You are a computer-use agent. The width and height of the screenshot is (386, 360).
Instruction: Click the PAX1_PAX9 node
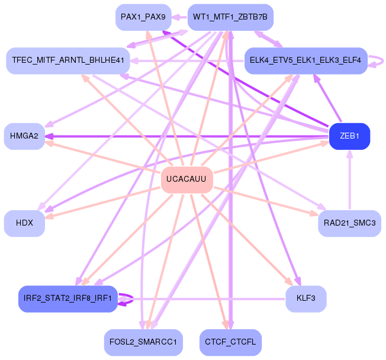[x=143, y=17]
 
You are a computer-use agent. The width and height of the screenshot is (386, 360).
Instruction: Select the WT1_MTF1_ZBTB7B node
[x=230, y=17]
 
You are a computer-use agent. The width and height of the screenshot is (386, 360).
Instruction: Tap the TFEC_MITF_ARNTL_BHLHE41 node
[x=68, y=60]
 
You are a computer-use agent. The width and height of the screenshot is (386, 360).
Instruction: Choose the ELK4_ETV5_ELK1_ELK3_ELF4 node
[x=305, y=60]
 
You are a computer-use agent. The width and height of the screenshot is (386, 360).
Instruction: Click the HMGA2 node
[x=24, y=136]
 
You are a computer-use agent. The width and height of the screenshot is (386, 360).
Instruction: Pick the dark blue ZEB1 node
[x=349, y=136]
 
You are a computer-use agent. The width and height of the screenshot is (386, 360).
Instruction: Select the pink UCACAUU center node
[x=187, y=180]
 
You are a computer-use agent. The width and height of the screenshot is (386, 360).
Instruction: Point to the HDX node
[x=24, y=223]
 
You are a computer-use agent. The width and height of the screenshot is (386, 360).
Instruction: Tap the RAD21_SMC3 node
[x=349, y=223]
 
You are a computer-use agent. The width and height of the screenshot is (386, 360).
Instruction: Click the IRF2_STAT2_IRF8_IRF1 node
[x=68, y=299]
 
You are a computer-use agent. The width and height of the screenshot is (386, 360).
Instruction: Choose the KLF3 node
[x=305, y=299]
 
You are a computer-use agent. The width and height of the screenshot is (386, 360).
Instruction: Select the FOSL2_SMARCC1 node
[x=143, y=342]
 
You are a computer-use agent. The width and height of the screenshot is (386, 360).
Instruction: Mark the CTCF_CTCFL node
[x=230, y=342]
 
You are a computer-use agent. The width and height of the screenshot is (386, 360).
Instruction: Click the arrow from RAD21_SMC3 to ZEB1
[x=349, y=180]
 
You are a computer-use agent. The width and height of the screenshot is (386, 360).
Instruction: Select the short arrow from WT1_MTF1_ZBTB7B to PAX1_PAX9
[x=179, y=17]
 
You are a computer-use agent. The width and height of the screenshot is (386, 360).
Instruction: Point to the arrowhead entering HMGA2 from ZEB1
[x=49, y=136]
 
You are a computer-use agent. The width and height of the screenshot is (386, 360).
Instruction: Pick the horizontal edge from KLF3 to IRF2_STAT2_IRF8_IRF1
[x=201, y=299]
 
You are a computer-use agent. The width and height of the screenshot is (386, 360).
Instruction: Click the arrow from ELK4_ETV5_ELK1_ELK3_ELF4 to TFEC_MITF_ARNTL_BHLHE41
[x=187, y=60]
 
